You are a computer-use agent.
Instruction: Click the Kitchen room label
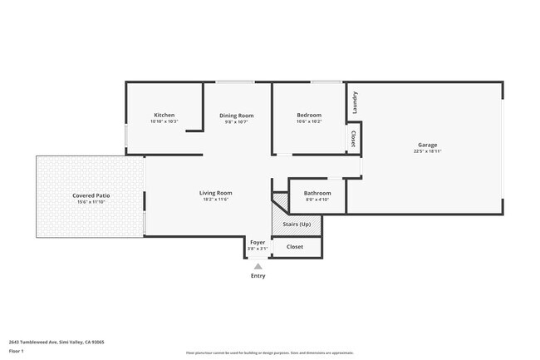pyautogui.click(x=164, y=115)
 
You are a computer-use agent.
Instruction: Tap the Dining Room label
pyautogui.click(x=236, y=116)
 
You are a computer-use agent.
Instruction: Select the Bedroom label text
pyautogui.click(x=309, y=115)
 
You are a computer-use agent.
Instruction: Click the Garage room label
pyautogui.click(x=427, y=145)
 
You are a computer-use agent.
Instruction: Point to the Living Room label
pyautogui.click(x=215, y=193)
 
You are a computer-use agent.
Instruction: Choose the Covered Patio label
pyautogui.click(x=91, y=195)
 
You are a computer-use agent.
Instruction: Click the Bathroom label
pyautogui.click(x=317, y=193)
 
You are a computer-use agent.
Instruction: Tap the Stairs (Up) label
pyautogui.click(x=297, y=224)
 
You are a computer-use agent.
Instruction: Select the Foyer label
pyautogui.click(x=258, y=242)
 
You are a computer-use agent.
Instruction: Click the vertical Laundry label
pyautogui.click(x=355, y=102)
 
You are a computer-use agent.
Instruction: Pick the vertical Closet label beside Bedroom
pyautogui.click(x=353, y=139)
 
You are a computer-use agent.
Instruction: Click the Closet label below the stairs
pyautogui.click(x=295, y=247)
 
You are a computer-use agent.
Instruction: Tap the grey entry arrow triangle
pyautogui.click(x=258, y=266)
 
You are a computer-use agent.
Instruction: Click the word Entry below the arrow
pyautogui.click(x=258, y=276)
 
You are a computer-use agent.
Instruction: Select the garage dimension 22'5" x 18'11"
pyautogui.click(x=427, y=151)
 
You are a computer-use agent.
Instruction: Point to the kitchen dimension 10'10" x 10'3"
pyautogui.click(x=164, y=121)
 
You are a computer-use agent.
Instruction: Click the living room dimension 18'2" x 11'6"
pyautogui.click(x=215, y=200)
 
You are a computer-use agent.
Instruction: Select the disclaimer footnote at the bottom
pyautogui.click(x=270, y=353)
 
